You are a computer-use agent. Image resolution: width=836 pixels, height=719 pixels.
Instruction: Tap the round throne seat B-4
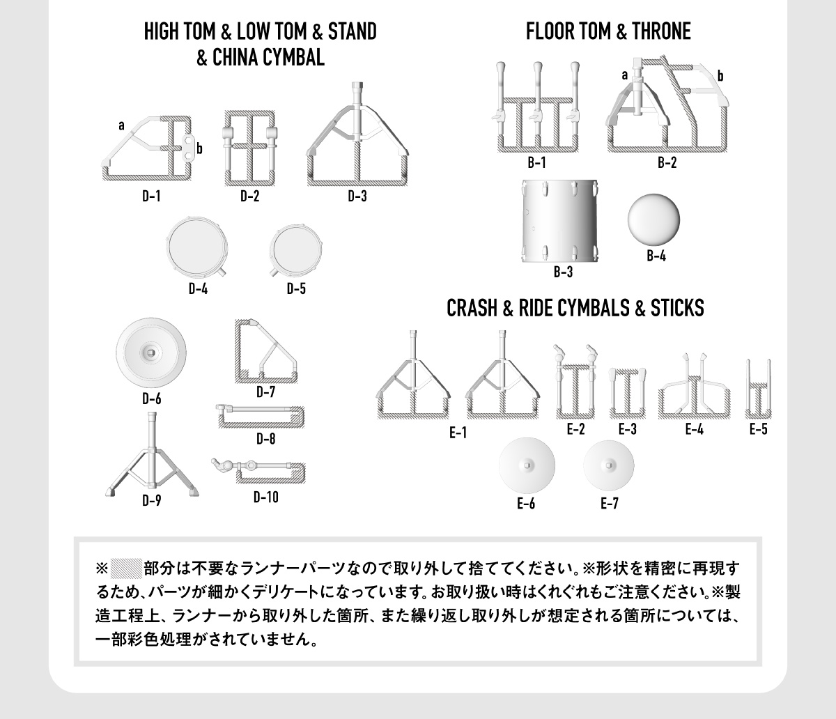653,219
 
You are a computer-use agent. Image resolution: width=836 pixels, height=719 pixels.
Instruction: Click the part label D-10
266,497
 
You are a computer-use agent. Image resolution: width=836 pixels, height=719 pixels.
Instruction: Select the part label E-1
457,433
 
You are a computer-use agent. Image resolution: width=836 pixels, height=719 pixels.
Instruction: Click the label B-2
667,163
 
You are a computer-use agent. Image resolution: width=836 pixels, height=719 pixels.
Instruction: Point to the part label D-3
357,196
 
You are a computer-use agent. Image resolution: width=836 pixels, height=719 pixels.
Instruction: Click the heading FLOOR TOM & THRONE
608,32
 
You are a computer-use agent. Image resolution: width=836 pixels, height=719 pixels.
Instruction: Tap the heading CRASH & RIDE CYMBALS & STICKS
575,308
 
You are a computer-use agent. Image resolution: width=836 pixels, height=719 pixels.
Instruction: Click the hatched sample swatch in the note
126,564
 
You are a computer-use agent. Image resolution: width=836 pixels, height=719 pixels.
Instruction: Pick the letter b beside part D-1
199,148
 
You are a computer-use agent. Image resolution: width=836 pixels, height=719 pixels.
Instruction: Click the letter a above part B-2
625,75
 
